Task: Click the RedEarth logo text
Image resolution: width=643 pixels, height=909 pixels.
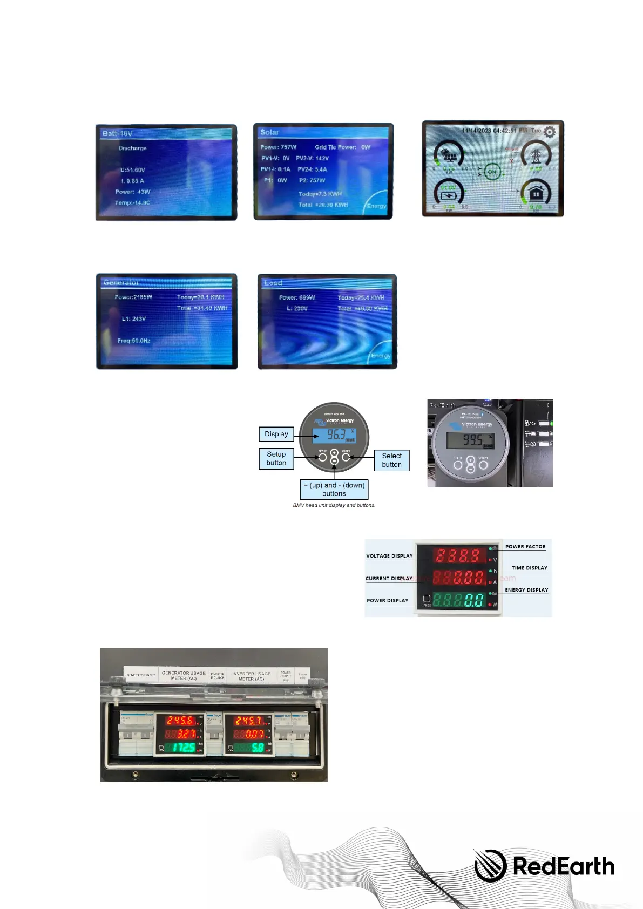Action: [x=563, y=866]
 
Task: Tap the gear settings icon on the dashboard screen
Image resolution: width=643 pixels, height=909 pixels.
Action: [x=549, y=132]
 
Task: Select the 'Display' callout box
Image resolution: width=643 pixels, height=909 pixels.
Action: [x=276, y=434]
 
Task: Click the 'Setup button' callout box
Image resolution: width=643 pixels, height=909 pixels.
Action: [x=276, y=458]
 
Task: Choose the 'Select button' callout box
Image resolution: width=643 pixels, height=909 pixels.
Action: [x=391, y=460]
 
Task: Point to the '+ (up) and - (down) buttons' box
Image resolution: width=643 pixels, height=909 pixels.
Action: [x=334, y=489]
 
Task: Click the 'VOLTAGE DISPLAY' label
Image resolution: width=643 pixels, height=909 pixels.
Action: [x=389, y=555]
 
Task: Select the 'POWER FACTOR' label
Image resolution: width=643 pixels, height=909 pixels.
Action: [x=525, y=546]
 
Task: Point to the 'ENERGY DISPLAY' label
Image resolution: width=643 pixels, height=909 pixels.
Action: [x=526, y=590]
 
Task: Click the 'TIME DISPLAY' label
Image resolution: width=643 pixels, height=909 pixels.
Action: [x=529, y=568]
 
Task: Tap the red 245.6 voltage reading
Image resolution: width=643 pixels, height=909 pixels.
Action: [x=180, y=721]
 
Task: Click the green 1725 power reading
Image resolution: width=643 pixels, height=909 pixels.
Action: [x=184, y=748]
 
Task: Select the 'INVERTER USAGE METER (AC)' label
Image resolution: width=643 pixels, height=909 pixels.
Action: [x=251, y=676]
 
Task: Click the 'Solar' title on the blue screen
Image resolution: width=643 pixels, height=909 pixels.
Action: [x=269, y=132]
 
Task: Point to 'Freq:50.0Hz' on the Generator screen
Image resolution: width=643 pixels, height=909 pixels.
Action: [x=134, y=341]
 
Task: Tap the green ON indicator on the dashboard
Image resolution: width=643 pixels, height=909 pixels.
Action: [x=491, y=172]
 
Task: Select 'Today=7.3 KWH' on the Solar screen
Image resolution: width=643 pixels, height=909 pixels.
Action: [x=320, y=194]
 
